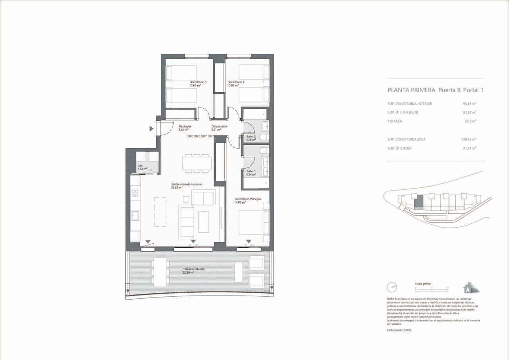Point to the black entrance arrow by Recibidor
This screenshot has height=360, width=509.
click(152, 128)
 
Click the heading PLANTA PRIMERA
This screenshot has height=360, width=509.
click(412, 90)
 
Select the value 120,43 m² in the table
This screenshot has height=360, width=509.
click(469, 139)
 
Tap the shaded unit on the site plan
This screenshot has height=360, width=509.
click(418, 203)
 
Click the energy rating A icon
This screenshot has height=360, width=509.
click(470, 288)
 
